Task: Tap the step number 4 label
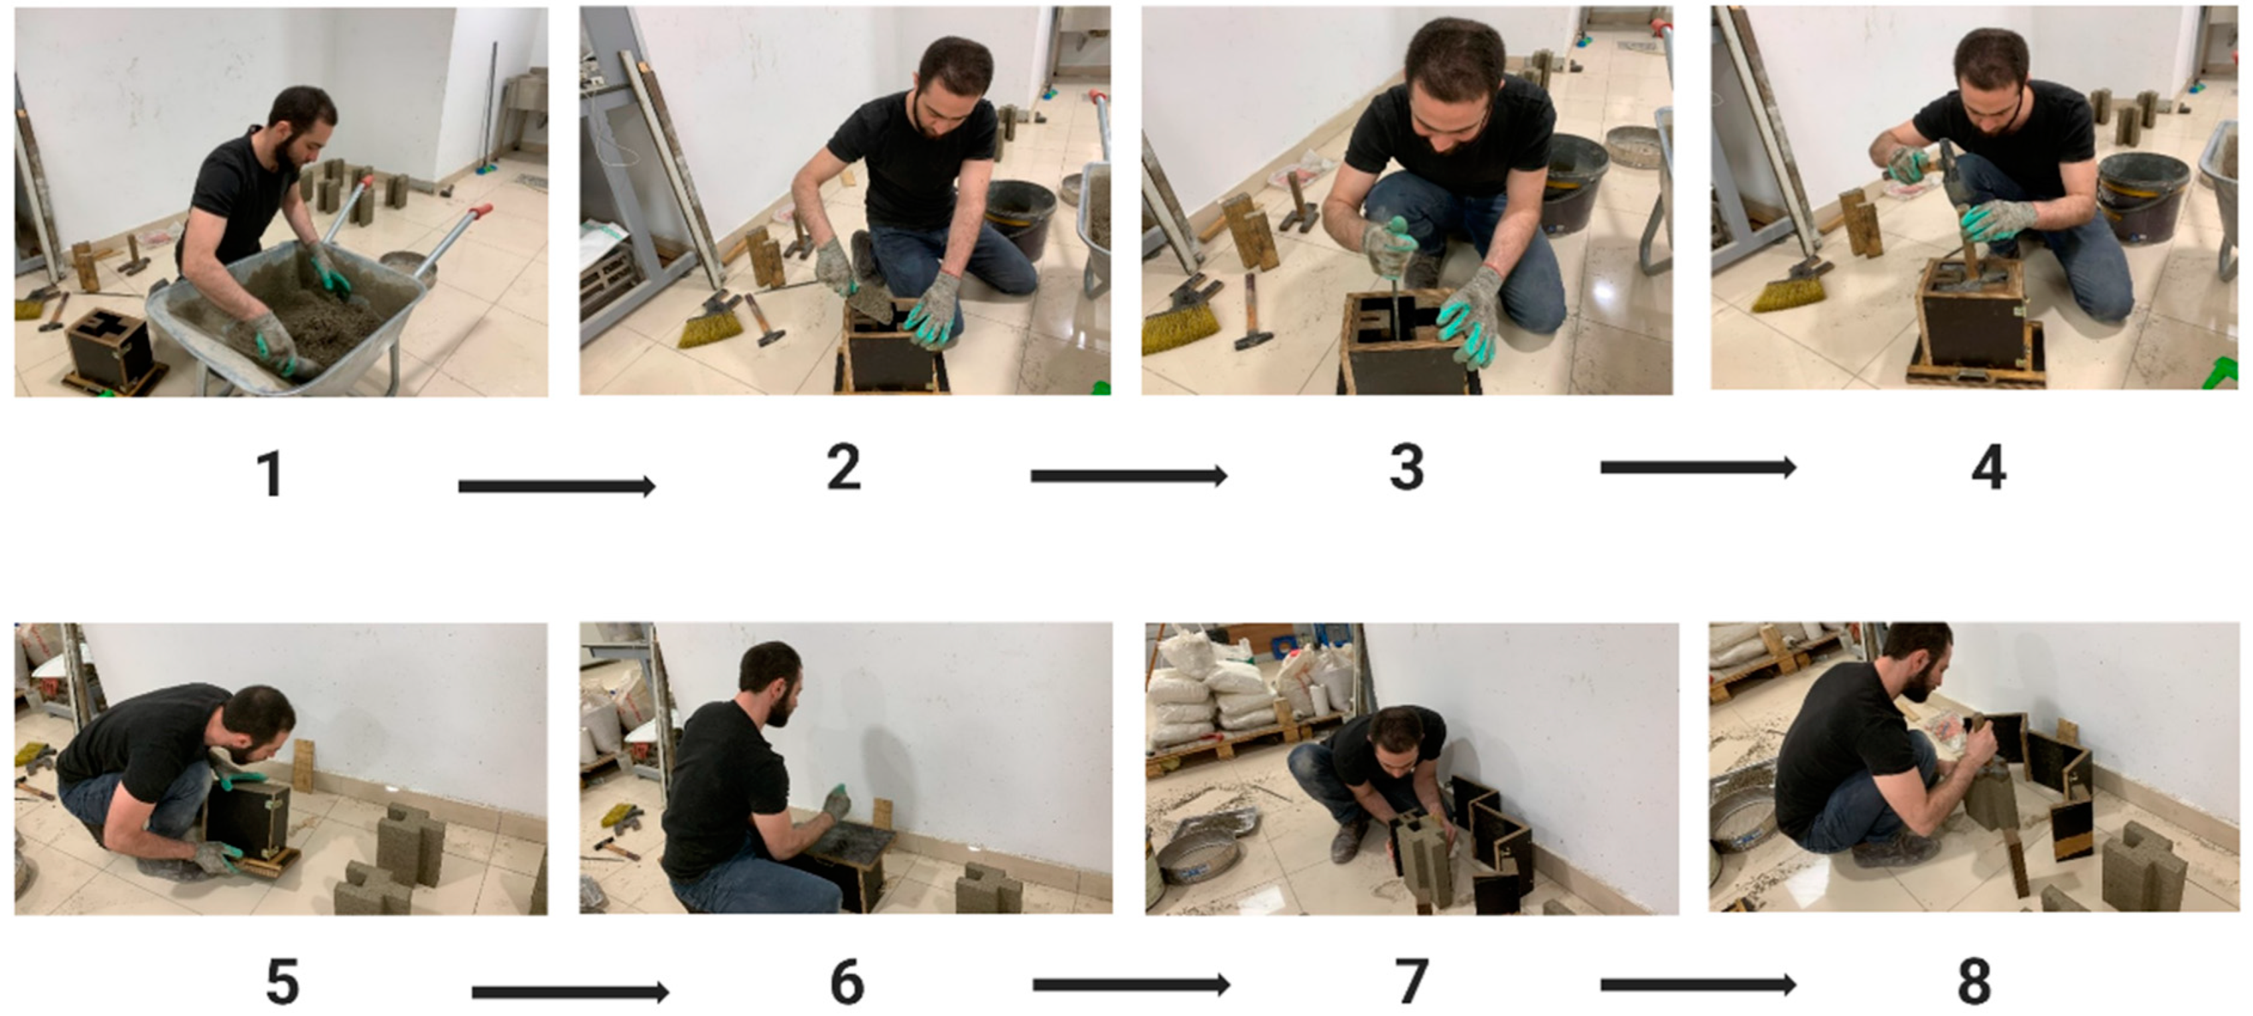tap(1989, 467)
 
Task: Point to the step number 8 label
tap(1974, 982)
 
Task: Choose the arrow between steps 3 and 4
tap(1698, 467)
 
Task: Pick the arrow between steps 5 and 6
tap(571, 991)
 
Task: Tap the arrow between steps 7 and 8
tap(1698, 985)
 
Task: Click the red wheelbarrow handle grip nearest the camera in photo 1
tap(479, 212)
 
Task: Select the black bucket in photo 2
tap(1020, 218)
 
